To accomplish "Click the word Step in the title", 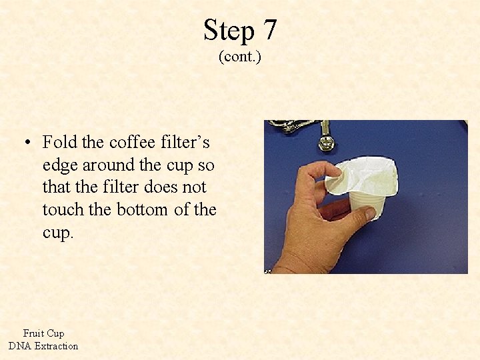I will pyautogui.click(x=229, y=31).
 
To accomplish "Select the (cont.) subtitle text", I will pyautogui.click(x=240, y=57).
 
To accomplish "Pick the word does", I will pyautogui.click(x=153, y=187).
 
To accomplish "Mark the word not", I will pyautogui.click(x=193, y=187).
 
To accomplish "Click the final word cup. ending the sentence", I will pyautogui.click(x=57, y=233).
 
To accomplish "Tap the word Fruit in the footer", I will pyautogui.click(x=34, y=333).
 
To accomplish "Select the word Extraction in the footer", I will pyautogui.click(x=56, y=346).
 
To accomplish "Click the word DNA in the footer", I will pyautogui.click(x=20, y=346).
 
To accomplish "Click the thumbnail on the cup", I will pyautogui.click(x=365, y=213).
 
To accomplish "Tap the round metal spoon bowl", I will pyautogui.click(x=327, y=143).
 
